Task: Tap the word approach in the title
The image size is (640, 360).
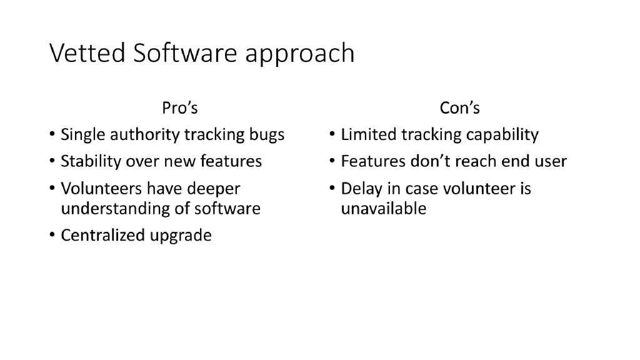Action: click(x=299, y=55)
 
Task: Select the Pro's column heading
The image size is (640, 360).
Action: click(x=180, y=108)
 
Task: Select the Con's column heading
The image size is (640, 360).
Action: click(x=460, y=108)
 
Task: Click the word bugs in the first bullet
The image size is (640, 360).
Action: click(x=267, y=135)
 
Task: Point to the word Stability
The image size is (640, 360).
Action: click(x=91, y=162)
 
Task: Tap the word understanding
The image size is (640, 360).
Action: click(x=116, y=209)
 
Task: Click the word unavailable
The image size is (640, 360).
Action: click(x=383, y=209)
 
